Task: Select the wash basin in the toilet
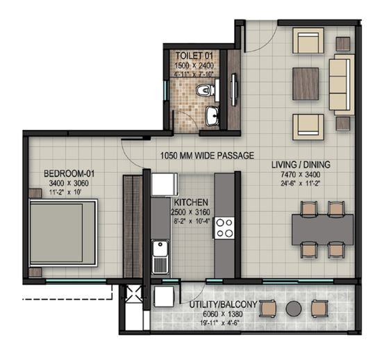click(x=212, y=116)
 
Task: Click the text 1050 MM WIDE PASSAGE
click(x=206, y=156)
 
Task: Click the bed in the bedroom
click(x=63, y=230)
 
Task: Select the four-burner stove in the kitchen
click(x=224, y=227)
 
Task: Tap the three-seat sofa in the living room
click(x=340, y=85)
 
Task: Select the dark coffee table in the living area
click(x=305, y=84)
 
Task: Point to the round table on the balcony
click(x=293, y=308)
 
